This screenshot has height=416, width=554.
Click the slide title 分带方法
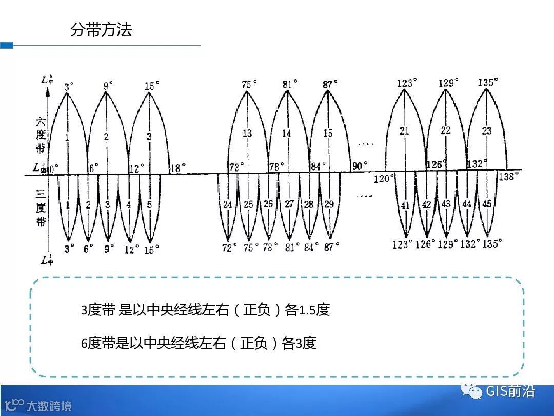101,30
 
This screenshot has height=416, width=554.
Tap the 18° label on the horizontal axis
177,167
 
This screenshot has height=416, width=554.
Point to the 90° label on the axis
360,166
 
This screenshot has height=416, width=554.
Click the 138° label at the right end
509,176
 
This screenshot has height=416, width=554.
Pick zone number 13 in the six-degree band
247,133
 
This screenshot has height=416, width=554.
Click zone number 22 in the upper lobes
445,130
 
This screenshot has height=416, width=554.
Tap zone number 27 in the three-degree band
289,204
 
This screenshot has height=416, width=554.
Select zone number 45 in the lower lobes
487,204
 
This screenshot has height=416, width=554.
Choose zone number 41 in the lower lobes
405,205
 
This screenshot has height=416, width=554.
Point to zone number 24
227,205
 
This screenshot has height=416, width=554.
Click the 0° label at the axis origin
53,167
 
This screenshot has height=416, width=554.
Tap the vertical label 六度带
41,135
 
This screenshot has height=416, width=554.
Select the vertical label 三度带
41,209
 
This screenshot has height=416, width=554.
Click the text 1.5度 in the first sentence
314,310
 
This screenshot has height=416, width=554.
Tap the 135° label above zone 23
488,82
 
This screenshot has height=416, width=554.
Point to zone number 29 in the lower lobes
329,204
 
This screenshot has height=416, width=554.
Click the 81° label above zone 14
290,84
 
